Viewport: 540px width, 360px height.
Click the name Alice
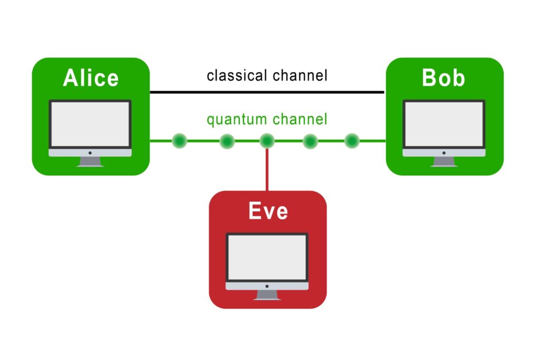(91, 78)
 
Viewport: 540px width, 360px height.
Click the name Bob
(443, 78)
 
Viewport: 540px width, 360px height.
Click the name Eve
(268, 211)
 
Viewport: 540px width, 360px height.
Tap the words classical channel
(267, 75)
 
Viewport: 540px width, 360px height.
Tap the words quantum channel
(267, 120)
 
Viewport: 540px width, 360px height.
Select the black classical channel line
(267, 92)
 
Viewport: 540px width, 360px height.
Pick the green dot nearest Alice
(179, 141)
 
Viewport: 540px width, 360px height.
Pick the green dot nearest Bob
(352, 141)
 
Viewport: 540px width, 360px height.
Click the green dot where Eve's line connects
(267, 141)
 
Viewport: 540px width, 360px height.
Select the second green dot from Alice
(227, 141)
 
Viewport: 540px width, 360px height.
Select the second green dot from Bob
(310, 141)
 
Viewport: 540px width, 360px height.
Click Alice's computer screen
(90, 124)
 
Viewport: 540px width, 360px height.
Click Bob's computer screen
(443, 124)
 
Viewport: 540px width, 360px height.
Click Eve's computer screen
(267, 258)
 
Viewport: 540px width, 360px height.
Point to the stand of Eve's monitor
(267, 295)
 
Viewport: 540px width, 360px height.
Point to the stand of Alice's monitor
(90, 162)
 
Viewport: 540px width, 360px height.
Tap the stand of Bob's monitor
(443, 162)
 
